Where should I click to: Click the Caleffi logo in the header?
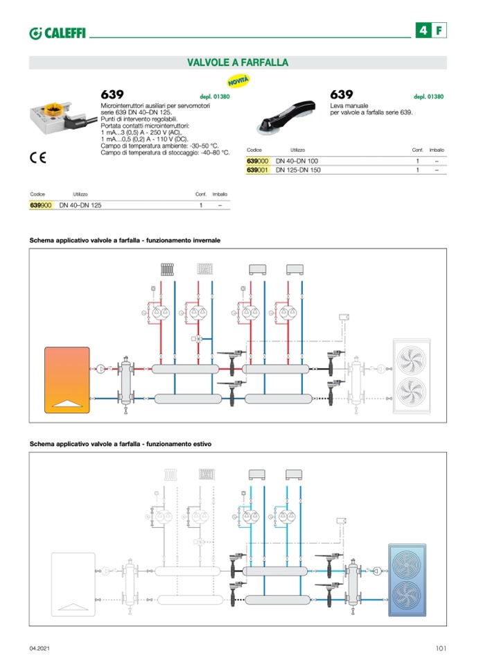tap(58, 33)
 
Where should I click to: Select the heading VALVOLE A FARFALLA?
tap(238, 62)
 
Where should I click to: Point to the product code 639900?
tap(41, 206)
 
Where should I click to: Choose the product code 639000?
tap(257, 161)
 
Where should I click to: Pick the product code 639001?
tap(257, 170)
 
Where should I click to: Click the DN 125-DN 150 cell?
tap(298, 170)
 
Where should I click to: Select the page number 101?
tap(441, 648)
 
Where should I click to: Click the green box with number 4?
tap(422, 31)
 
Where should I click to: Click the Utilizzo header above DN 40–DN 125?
tap(80, 194)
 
